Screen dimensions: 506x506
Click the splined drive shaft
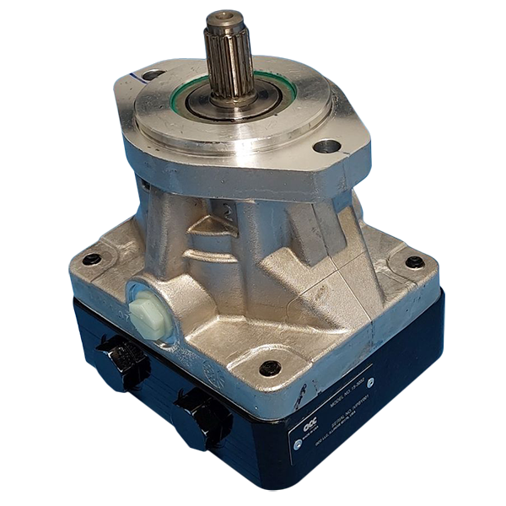click(228, 59)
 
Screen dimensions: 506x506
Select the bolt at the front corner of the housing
click(269, 368)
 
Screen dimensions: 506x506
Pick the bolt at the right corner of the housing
click(414, 262)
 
